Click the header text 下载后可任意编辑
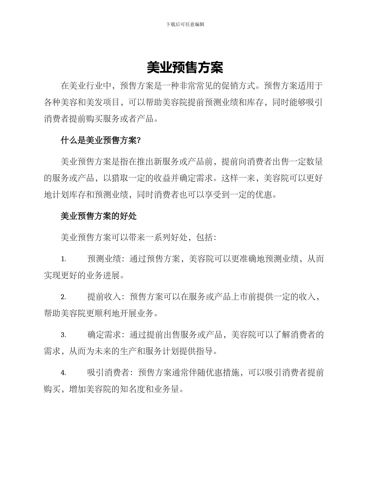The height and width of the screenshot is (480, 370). (x=185, y=24)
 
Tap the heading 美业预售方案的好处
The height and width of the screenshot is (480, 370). (x=99, y=216)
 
